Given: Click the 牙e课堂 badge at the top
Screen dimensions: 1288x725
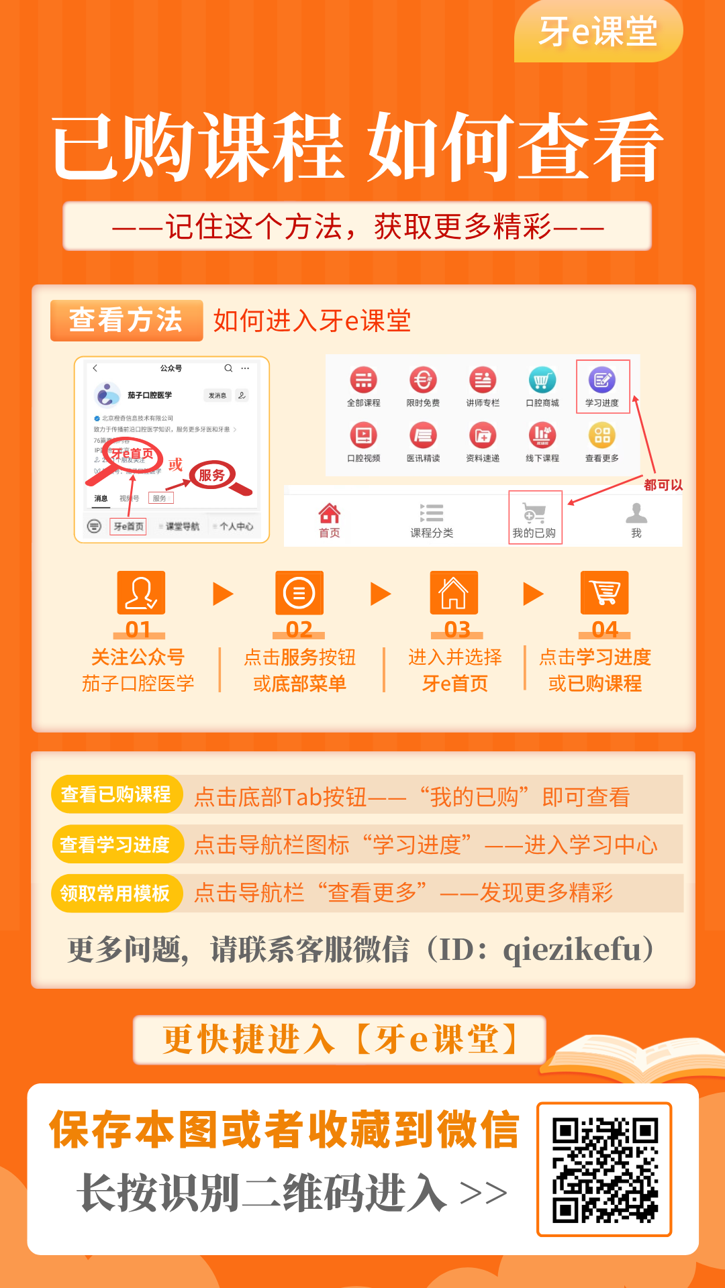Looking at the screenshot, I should [597, 32].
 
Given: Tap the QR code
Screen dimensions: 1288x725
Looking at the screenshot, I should [604, 1169].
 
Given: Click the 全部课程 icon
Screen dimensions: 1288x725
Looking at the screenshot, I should [363, 380].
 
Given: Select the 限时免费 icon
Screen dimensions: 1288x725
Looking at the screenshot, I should [423, 380].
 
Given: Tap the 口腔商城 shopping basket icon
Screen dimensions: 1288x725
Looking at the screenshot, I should [542, 380].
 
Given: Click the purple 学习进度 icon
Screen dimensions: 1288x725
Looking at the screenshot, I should [602, 380].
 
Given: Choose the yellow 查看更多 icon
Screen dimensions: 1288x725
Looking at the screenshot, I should [602, 435].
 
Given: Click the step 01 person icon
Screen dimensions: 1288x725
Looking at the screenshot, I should [141, 593].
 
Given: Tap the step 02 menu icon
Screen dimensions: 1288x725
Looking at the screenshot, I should [299, 593].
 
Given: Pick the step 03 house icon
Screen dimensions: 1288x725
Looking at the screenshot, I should [454, 593].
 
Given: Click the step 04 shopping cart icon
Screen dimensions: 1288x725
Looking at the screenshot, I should [604, 593].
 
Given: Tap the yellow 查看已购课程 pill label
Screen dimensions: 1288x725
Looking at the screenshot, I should [116, 795].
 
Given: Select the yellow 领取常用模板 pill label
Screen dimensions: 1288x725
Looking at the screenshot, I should [115, 894].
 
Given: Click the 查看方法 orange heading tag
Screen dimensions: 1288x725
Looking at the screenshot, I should [126, 320].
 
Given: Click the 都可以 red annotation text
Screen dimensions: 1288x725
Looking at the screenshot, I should [663, 485].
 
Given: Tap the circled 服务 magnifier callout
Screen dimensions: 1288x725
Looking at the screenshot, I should [211, 476].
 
